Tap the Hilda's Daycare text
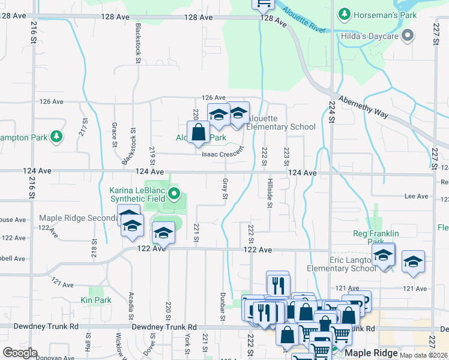pos(372,36)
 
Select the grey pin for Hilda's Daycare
pos(408,35)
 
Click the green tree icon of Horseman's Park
pos(344,13)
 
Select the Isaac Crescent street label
pos(223,153)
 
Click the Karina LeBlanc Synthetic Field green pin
pos(174,193)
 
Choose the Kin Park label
pos(96,299)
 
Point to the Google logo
pos(20,353)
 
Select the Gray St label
pos(225,188)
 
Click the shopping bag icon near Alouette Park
pos(198,131)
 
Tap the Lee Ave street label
pos(417,196)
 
